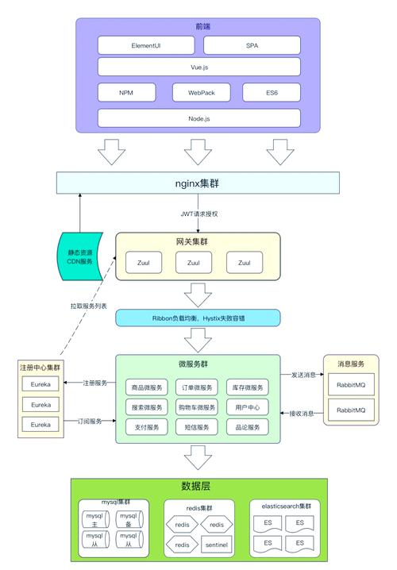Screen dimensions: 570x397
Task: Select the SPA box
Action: pos(252,45)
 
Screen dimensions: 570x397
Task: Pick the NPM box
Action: pos(126,92)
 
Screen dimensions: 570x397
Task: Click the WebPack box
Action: pos(200,92)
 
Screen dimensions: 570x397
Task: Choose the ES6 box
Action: pos(272,92)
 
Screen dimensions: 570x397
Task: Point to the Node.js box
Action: pos(199,118)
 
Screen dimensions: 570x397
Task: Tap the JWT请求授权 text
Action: pos(200,214)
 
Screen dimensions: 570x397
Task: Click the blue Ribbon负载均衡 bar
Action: pos(198,318)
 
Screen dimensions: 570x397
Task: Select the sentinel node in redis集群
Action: pos(215,545)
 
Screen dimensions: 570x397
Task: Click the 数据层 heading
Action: pos(196,486)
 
